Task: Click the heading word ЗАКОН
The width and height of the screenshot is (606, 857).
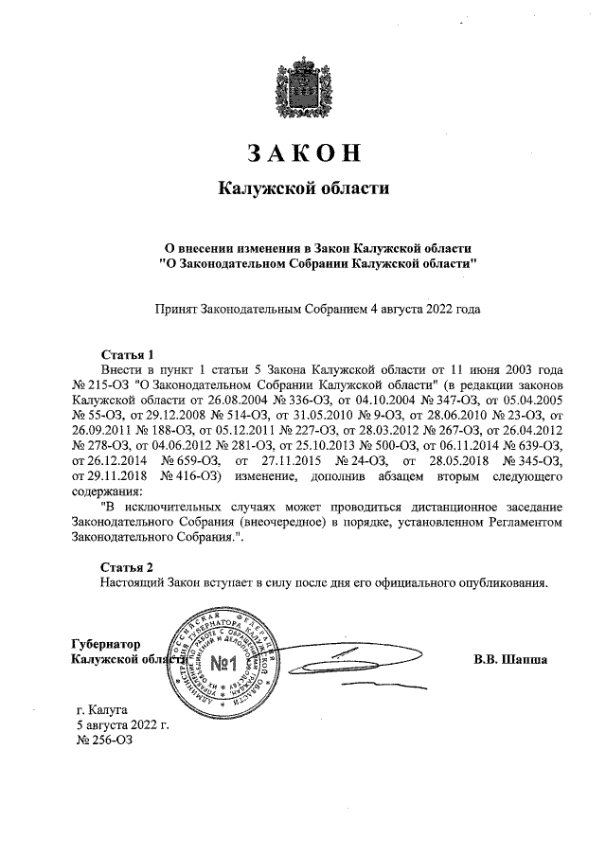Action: [303, 153]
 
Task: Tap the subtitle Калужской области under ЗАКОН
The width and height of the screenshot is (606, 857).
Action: [303, 188]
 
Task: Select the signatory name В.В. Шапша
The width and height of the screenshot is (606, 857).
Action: [510, 658]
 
